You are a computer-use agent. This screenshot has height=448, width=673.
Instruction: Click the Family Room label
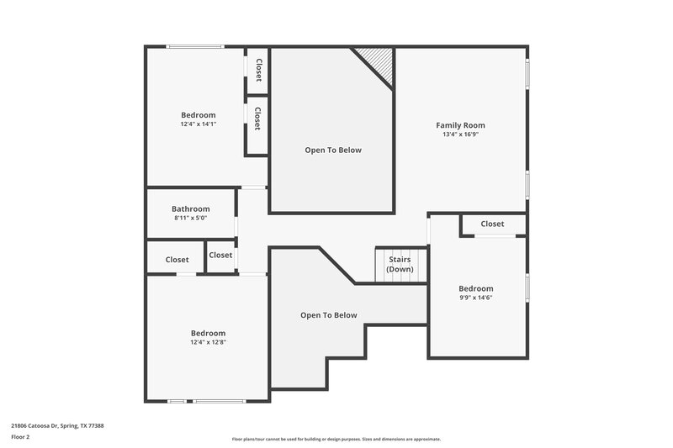pos(460,125)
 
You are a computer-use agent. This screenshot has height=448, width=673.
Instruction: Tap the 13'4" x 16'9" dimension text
pos(460,134)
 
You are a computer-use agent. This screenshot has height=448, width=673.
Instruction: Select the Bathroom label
pos(191,209)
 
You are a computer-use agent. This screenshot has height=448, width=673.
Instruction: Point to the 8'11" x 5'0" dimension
pos(191,218)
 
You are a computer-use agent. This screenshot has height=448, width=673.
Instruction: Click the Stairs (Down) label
pos(400,264)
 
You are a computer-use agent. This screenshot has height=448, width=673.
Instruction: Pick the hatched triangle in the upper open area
pos(378,62)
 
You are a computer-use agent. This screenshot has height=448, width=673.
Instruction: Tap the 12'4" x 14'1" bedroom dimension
pos(199,124)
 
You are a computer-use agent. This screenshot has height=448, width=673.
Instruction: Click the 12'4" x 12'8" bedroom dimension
pos(208,342)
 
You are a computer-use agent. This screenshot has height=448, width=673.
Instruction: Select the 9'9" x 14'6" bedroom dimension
pos(476,298)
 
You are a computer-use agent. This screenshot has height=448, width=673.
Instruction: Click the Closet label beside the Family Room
pos(492,224)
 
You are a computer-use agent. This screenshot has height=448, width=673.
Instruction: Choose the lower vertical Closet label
pos(257,119)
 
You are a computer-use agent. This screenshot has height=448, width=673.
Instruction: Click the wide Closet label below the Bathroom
pos(177,260)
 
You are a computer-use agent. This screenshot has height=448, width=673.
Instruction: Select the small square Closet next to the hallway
pos(220,255)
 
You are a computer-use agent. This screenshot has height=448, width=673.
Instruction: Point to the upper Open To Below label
pos(333,150)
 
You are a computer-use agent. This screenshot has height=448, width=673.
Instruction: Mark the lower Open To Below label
pos(329,315)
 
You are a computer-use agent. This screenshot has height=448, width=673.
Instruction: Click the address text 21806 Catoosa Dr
pos(57,425)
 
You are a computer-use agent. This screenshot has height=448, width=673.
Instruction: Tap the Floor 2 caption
pos(20,437)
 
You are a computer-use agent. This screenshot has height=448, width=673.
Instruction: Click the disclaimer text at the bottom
pos(336,439)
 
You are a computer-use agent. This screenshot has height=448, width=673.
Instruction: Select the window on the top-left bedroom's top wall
pos(195,46)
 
